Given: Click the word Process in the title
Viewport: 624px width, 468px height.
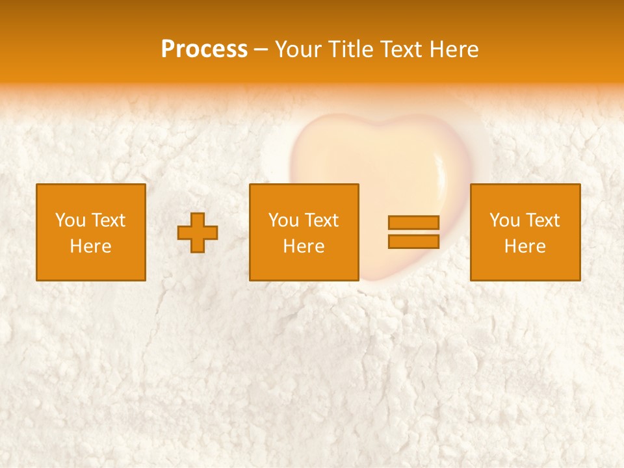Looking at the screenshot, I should tap(204, 49).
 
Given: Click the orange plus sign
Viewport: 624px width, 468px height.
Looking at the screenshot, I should tap(198, 233).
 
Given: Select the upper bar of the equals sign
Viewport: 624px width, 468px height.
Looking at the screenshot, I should tap(413, 222).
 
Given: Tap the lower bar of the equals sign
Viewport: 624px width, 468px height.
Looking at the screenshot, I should tap(413, 242).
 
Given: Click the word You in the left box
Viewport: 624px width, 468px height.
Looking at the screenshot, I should tap(70, 220).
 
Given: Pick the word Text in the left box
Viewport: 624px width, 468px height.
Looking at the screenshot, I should tap(108, 220).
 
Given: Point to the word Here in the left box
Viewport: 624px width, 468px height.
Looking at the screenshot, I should tap(90, 246).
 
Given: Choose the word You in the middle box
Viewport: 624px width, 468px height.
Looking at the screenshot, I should tap(283, 220).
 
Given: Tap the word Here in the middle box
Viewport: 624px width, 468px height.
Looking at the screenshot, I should tap(304, 246).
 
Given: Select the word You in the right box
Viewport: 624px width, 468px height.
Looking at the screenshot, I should tap(504, 220).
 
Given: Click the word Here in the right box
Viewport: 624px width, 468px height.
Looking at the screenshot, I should tap(525, 246).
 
